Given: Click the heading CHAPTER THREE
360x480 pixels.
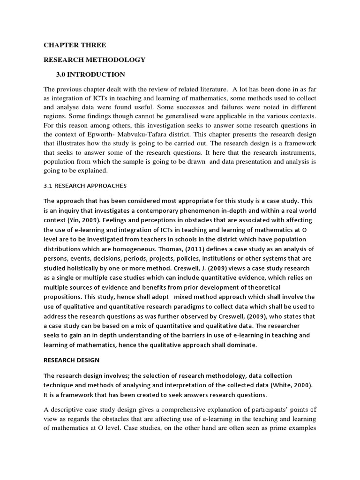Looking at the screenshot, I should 75,45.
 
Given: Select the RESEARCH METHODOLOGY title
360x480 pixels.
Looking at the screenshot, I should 95,60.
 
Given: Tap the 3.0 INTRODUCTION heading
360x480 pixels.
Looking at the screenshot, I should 91,74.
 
